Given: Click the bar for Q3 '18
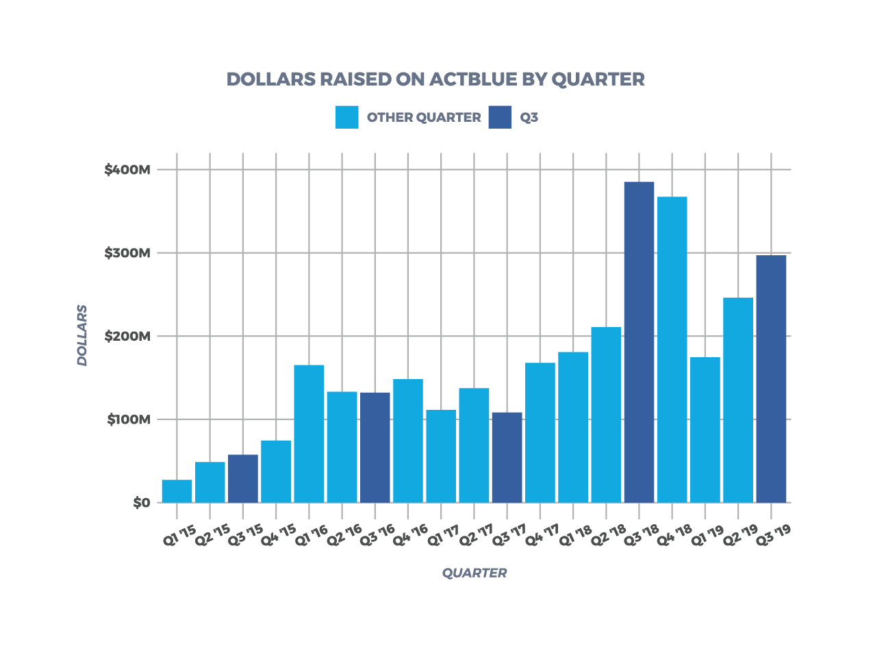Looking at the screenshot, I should (639, 342).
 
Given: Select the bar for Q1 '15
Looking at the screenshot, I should (177, 491).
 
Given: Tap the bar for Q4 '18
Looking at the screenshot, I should (672, 350).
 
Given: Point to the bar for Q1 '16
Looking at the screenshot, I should (309, 434).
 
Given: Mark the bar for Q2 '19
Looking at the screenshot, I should (738, 400).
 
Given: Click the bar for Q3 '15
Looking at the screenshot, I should (243, 478).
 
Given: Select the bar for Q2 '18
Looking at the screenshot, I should (606, 415).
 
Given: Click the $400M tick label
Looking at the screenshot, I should (127, 170).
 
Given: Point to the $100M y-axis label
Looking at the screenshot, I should (128, 419).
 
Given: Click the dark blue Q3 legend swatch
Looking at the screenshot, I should (500, 117).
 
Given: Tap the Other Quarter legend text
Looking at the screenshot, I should (424, 118).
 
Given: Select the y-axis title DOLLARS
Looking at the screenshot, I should (82, 335).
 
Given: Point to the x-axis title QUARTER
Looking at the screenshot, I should (475, 573).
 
